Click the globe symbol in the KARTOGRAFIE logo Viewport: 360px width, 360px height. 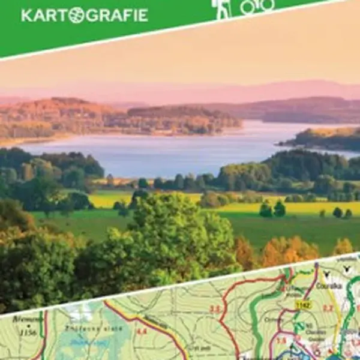point(76,16)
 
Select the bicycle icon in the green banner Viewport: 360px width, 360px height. point(256,6)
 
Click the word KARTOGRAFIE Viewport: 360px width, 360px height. point(84,16)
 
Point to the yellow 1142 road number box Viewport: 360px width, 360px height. point(303,305)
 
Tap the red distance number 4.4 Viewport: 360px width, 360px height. point(142,331)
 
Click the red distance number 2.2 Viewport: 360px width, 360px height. point(327,308)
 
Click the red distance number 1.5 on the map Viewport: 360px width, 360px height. point(281,341)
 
